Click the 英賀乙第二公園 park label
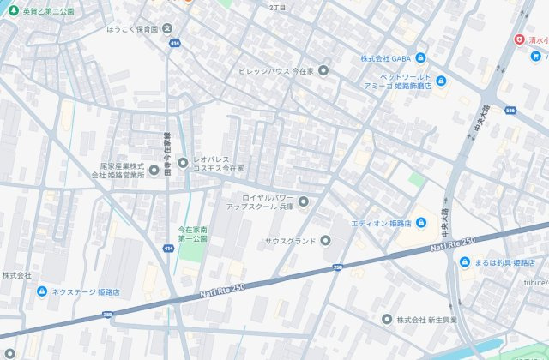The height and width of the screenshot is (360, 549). pyautogui.click(x=48, y=11)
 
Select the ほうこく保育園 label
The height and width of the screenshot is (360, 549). pyautogui.click(x=133, y=28)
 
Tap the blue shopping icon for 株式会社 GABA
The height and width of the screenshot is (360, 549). pyautogui.click(x=420, y=58)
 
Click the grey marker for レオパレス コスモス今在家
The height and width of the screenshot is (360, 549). pyautogui.click(x=183, y=163)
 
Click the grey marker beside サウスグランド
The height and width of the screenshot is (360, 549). pyautogui.click(x=325, y=240)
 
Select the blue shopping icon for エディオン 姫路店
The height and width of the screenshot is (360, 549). pyautogui.click(x=420, y=223)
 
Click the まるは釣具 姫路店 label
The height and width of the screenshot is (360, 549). pyautogui.click(x=505, y=261)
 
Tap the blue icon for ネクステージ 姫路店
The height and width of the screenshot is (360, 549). pyautogui.click(x=42, y=291)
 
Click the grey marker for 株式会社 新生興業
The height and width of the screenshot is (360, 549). pyautogui.click(x=387, y=319)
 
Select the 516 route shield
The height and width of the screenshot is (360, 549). pyautogui.click(x=510, y=111)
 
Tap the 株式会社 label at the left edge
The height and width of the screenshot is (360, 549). pyautogui.click(x=16, y=275)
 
